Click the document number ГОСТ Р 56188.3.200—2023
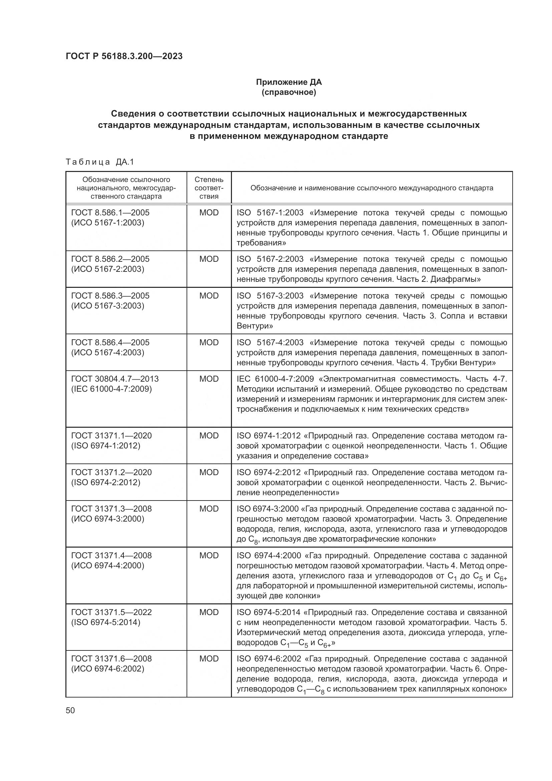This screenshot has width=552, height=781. tap(124, 56)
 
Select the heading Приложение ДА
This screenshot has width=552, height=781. tap(289, 82)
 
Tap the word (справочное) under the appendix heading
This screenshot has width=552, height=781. tap(289, 92)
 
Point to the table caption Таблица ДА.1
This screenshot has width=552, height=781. tap(100, 162)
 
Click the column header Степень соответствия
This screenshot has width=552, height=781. tap(209, 188)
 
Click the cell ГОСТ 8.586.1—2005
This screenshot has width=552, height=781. tap(110, 213)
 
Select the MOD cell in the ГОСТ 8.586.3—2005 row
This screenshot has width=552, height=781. tap(209, 296)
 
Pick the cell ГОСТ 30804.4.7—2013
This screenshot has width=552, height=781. tap(114, 379)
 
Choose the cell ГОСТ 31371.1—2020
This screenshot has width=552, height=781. tap(111, 435)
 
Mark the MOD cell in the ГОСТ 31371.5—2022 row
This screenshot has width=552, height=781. tap(209, 612)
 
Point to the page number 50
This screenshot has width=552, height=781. tap(70, 711)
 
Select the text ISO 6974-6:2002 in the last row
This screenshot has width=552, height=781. tap(269, 659)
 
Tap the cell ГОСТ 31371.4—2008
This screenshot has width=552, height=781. tap(111, 556)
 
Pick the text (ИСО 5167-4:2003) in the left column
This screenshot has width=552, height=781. tap(107, 352)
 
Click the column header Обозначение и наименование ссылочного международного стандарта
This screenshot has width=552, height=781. tap(371, 188)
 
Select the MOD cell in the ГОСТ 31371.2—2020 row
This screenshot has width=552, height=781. tap(209, 472)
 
